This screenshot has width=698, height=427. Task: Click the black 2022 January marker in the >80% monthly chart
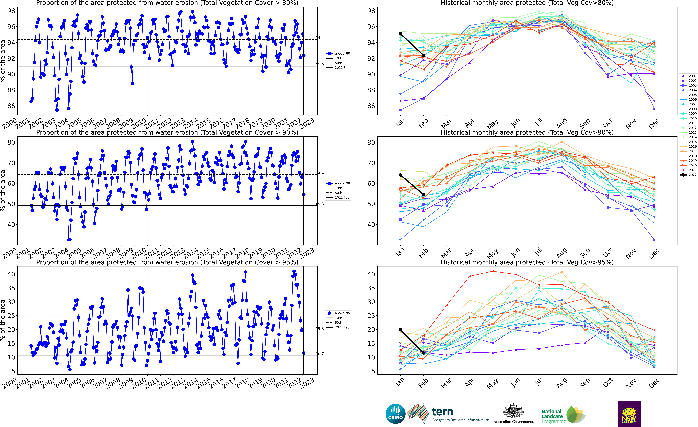(x=400, y=34)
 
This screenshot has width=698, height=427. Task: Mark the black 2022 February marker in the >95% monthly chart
(x=424, y=353)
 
